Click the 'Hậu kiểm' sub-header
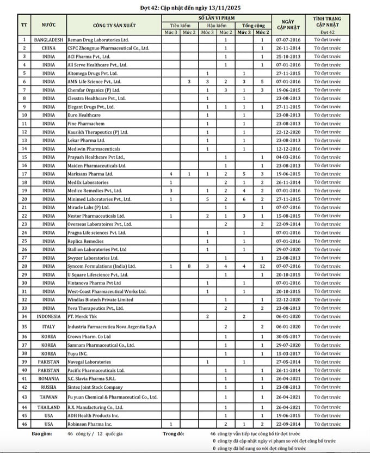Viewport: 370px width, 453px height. (x=216, y=25)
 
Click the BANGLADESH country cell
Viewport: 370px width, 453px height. (x=48, y=40)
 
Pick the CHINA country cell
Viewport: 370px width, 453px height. (x=48, y=48)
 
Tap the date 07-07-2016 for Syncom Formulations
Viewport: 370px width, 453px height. (x=288, y=266)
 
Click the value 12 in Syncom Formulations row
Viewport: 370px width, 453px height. (x=262, y=266)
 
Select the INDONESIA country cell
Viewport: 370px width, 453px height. (x=48, y=316)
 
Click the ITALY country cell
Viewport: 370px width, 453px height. (x=48, y=326)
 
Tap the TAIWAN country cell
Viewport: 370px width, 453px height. (x=48, y=397)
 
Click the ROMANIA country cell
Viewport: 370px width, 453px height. (x=48, y=378)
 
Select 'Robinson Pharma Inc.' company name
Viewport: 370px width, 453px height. (x=89, y=423)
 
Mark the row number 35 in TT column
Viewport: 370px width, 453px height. (x=24, y=326)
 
